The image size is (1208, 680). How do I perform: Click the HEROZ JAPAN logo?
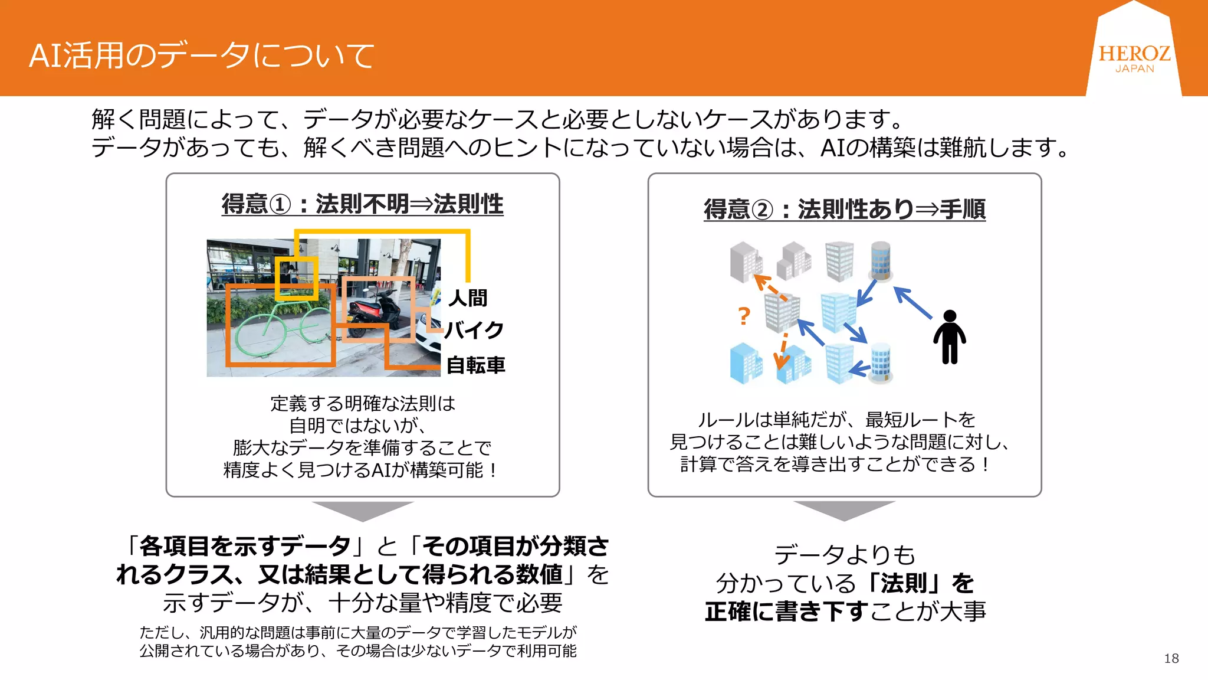click(1134, 58)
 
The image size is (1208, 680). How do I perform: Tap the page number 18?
click(1171, 659)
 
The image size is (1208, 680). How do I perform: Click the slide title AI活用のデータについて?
click(201, 56)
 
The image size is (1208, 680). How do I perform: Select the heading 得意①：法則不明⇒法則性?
click(362, 204)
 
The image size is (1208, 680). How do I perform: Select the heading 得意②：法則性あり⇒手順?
click(844, 209)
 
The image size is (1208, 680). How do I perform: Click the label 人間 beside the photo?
click(468, 298)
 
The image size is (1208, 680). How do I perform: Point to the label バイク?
click(474, 330)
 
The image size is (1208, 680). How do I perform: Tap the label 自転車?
click(475, 365)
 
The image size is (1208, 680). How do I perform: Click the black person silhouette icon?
click(949, 337)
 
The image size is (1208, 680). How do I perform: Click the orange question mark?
click(744, 316)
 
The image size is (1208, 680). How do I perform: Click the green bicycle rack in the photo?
click(277, 334)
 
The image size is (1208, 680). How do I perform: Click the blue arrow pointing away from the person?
click(912, 302)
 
